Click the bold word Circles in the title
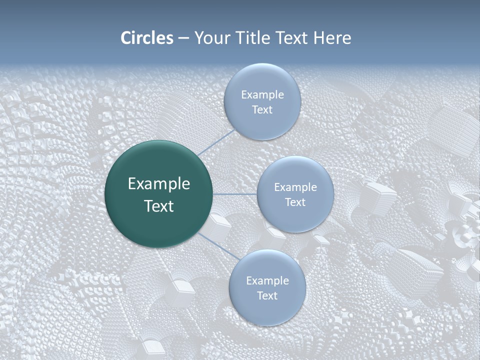tap(147, 38)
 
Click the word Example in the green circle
tap(159, 184)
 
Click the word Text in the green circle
tap(159, 206)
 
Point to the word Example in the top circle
tap(262, 95)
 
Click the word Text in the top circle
tap(262, 110)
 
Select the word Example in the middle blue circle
tap(295, 187)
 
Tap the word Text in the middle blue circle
tap(295, 202)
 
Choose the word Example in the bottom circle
tap(267, 281)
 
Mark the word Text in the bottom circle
tap(267, 296)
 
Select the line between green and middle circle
tap(235, 194)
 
